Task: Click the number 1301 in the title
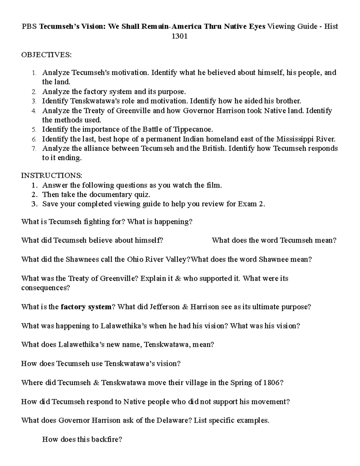click(179, 36)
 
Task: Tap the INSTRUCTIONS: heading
click(52, 175)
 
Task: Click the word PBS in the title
click(29, 27)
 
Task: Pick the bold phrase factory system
click(86, 307)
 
